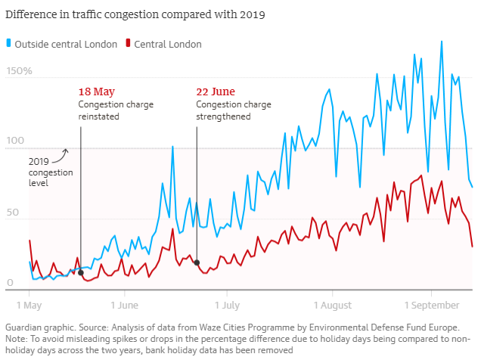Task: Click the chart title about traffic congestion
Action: click(135, 14)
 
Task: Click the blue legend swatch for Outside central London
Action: click(8, 44)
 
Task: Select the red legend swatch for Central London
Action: click(129, 44)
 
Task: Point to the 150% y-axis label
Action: click(20, 71)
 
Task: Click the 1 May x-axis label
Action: click(29, 306)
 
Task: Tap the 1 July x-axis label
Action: click(227, 306)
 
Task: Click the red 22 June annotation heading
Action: click(215, 92)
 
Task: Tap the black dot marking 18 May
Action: click(81, 272)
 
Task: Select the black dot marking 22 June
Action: click(197, 262)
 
